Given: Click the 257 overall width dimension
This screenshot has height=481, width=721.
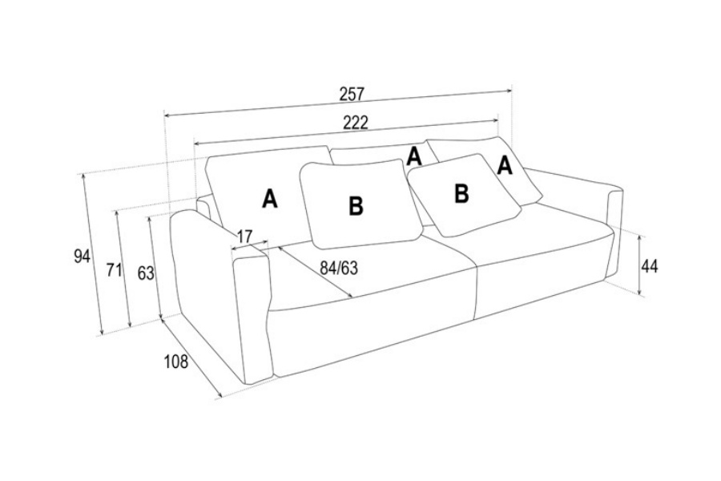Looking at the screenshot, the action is [352, 94].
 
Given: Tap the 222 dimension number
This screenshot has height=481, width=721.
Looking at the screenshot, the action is [356, 123].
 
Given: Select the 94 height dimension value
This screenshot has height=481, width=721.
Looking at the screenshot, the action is [82, 256].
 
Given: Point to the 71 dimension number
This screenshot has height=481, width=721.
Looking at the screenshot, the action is [114, 270].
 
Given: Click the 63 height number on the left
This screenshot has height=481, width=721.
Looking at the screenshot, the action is [146, 273].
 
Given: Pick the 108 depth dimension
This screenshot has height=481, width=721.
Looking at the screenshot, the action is [176, 362].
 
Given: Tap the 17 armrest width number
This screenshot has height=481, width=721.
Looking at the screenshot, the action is [244, 236].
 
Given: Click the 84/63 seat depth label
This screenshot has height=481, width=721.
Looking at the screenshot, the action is [339, 268].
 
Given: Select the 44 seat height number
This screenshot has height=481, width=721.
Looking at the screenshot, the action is [649, 266].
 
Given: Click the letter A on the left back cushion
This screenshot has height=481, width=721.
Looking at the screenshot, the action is [270, 199].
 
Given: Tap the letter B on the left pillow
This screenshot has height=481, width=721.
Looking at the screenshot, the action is [356, 206].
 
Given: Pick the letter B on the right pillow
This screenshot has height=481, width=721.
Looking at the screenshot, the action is [461, 193].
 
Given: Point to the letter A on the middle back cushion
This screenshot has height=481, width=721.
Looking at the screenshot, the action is [414, 156].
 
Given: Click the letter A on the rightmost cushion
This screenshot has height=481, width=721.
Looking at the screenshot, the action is [505, 165].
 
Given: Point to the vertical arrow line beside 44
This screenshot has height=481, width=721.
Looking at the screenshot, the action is [639, 265].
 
